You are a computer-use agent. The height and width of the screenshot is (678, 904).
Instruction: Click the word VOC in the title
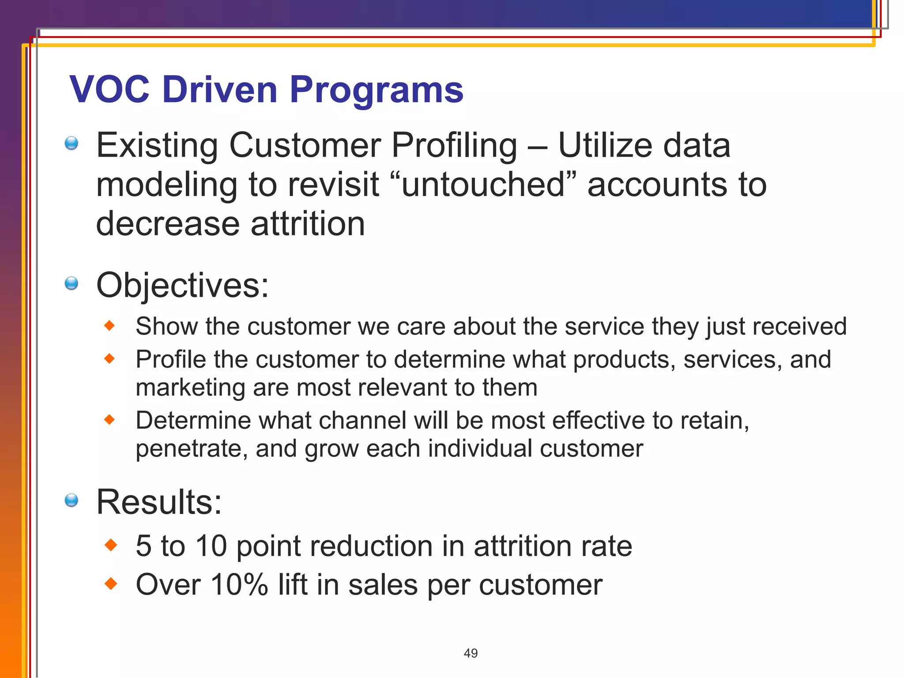[109, 90]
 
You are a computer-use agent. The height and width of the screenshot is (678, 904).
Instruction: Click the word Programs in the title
[376, 90]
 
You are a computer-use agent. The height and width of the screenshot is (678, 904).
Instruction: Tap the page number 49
[471, 653]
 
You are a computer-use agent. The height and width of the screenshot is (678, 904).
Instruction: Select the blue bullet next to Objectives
[71, 283]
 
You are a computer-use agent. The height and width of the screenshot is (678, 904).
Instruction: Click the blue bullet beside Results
[71, 500]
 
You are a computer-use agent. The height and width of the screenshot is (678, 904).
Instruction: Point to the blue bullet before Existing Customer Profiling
[71, 143]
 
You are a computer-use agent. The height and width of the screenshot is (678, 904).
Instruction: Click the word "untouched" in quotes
[483, 184]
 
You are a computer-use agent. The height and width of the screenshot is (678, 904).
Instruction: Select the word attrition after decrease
[308, 223]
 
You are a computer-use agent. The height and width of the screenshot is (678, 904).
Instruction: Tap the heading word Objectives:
[182, 286]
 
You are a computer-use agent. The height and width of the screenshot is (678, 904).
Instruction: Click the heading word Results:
[159, 502]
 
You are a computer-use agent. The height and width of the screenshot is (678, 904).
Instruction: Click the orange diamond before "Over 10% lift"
[111, 584]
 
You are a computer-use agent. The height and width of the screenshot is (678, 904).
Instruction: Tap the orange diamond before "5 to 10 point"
[111, 546]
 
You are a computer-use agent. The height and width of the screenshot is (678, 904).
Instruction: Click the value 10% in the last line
[239, 584]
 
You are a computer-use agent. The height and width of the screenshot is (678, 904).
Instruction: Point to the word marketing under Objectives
[190, 387]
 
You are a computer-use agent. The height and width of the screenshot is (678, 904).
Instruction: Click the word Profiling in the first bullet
[454, 145]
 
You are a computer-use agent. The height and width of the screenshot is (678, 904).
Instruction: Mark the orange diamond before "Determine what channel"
[109, 420]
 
